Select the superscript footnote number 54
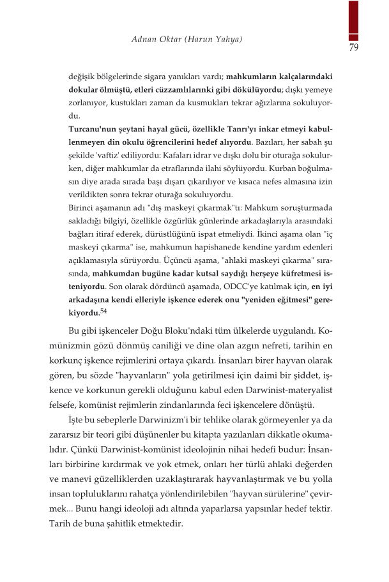point(105,311)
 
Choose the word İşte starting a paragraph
point(78,422)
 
